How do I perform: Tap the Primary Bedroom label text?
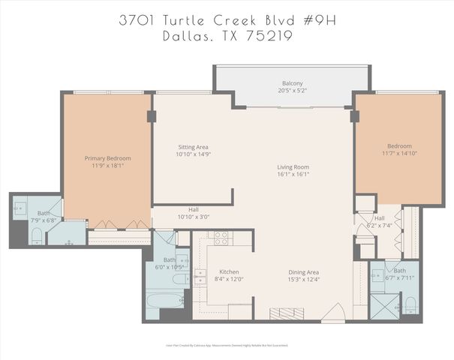(x=108, y=158)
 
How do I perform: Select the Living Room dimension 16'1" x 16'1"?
(x=293, y=175)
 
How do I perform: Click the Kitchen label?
(x=228, y=271)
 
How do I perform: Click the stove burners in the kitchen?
(x=221, y=238)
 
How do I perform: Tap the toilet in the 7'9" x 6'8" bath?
(x=37, y=238)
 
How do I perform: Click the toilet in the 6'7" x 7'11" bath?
(x=410, y=306)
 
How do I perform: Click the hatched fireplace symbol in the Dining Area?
(x=287, y=313)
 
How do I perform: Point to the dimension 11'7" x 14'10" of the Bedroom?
(x=399, y=154)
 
